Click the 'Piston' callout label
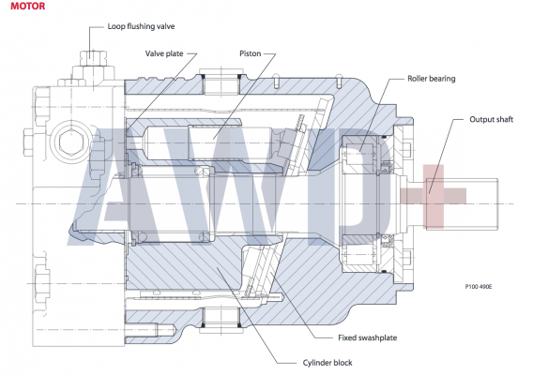[x=250, y=54]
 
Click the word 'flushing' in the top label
[x=141, y=26]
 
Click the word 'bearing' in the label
[x=443, y=79]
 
